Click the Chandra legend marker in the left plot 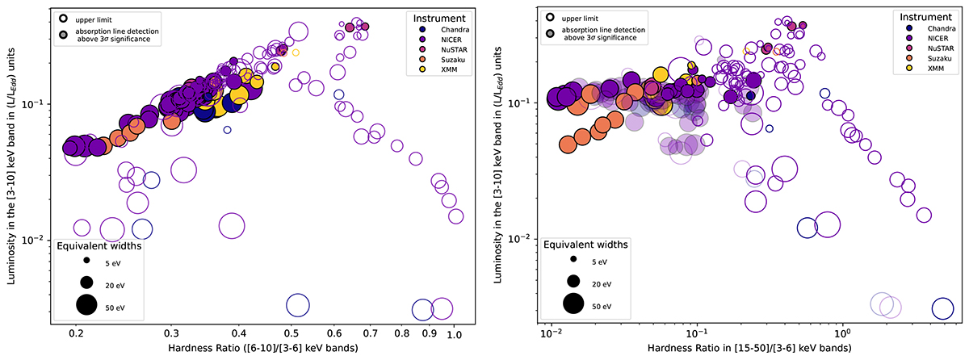(413, 30)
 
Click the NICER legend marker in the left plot (413, 41)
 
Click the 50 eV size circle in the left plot (86, 305)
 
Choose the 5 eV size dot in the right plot (574, 261)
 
